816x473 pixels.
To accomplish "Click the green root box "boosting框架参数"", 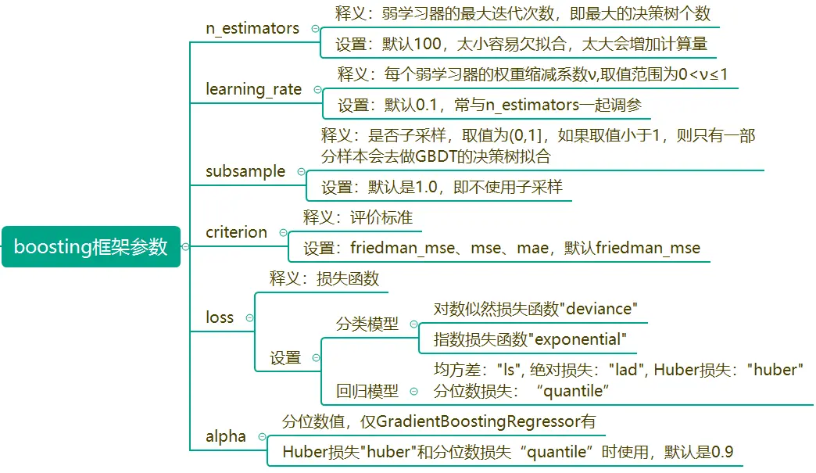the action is (91, 247).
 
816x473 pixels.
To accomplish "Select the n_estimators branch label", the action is (252, 28).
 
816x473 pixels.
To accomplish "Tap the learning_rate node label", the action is (253, 89).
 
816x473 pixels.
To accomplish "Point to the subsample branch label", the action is (245, 171).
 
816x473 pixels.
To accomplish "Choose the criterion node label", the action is (236, 232).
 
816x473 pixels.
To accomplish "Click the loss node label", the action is (220, 317).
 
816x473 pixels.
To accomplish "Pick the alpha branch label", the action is (226, 436).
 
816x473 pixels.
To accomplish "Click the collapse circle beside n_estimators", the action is (316, 28).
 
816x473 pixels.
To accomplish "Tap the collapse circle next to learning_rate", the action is (317, 90).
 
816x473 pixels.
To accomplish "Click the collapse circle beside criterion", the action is (283, 233).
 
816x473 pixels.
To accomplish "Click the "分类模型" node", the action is (367, 324).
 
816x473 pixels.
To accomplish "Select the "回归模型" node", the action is (367, 391).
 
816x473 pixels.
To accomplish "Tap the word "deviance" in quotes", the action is (598, 309).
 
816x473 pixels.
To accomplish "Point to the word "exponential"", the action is (578, 340).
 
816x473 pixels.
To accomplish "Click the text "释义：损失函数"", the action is (324, 278).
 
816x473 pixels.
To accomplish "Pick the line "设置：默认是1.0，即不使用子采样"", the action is (442, 188).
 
